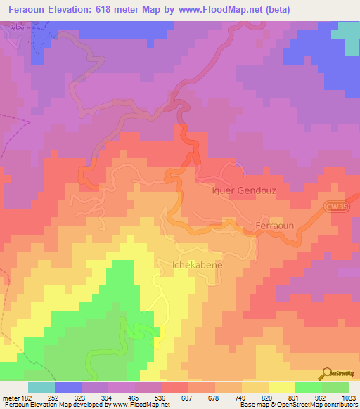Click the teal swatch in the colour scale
click(41, 387)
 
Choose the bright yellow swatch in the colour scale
click(281, 387)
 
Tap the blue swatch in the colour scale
click(68, 387)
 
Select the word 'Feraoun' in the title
click(31, 11)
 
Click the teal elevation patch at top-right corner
click(348, 35)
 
